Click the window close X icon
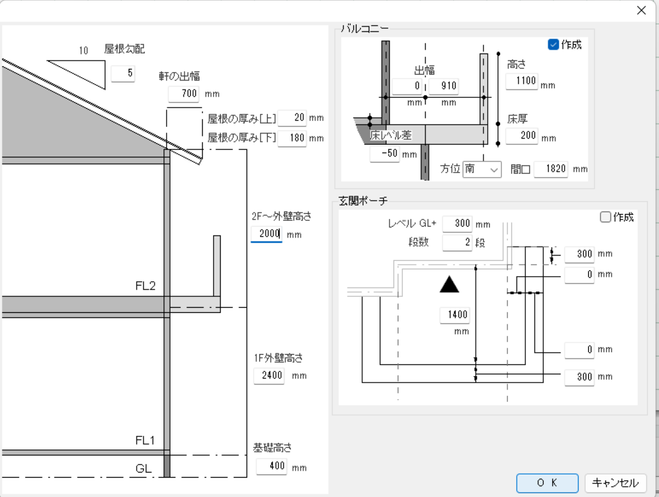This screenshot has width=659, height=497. coord(641,10)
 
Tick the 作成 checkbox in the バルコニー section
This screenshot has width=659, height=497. coord(553,44)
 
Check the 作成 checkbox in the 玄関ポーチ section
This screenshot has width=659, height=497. coord(605,217)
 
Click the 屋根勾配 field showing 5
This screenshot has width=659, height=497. coord(123,73)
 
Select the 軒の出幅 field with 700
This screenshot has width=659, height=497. coord(183,94)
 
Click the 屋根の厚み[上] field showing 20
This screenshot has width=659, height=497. coord(292,118)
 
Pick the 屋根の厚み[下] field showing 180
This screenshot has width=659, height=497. coord(292,138)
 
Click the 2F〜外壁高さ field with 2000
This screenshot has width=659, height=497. coord(266,234)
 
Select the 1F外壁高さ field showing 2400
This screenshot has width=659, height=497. coord(269,375)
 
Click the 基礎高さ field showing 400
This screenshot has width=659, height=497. coord(271,467)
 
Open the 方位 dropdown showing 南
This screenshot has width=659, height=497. coord(482,169)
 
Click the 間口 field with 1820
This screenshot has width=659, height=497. coord(552,169)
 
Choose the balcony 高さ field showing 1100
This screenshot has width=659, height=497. coord(521,81)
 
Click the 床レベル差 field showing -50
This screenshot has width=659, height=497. coord(385,154)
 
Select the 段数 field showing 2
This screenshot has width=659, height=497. coord(457,243)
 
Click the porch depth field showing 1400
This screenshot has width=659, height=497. coord(454,315)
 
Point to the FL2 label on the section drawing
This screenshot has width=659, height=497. coord(145,285)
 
